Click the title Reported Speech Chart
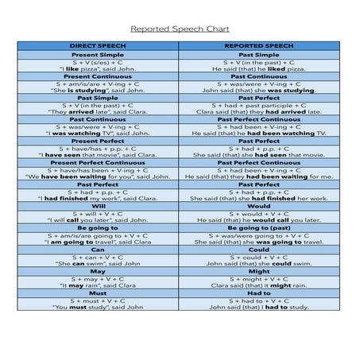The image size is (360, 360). point(180,25)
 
